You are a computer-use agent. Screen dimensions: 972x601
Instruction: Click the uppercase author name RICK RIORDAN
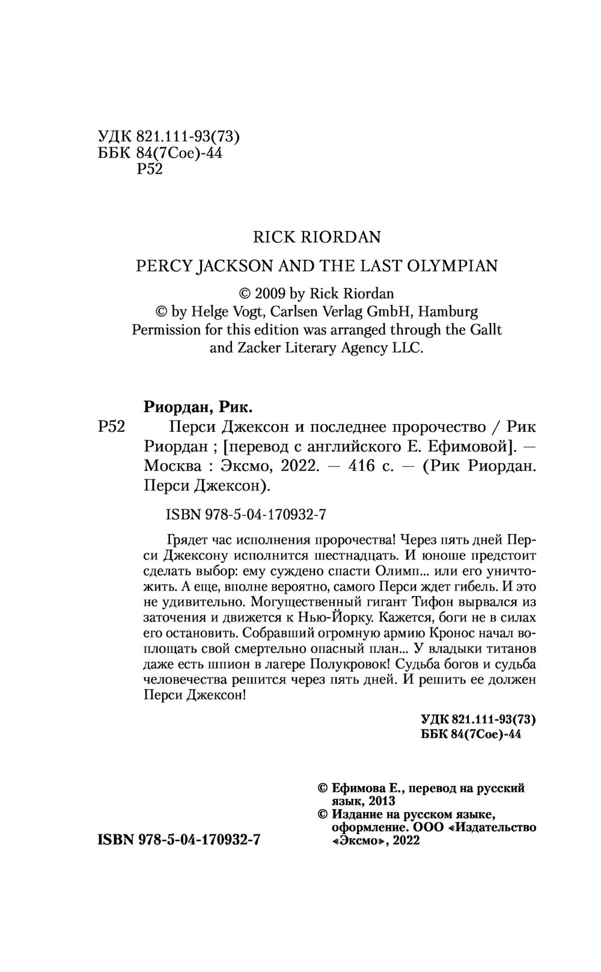click(x=317, y=237)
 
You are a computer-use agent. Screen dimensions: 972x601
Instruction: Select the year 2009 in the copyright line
click(x=271, y=294)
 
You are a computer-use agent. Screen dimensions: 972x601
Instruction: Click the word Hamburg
click(x=448, y=312)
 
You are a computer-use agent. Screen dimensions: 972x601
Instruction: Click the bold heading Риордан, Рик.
click(x=198, y=407)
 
